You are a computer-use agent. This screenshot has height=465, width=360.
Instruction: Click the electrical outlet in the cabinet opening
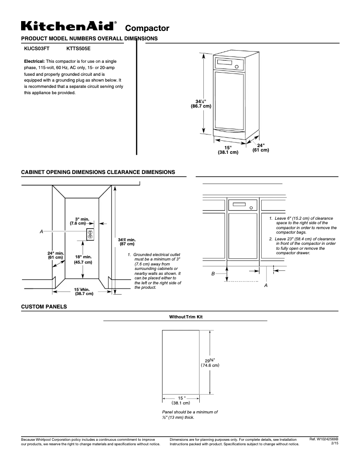coord(90,234)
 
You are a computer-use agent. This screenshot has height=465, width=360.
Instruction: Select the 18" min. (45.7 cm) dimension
coord(83,260)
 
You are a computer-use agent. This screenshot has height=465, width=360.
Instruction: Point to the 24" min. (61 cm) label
coord(56,256)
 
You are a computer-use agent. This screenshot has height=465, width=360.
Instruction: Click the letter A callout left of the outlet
coord(41,231)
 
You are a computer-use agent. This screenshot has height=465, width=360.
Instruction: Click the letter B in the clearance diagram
coord(213,273)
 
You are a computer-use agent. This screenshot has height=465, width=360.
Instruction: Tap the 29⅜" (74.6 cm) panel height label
coord(210,363)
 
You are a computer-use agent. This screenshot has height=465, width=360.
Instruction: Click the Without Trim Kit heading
coord(186,317)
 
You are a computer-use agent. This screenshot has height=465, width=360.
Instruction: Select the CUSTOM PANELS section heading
coord(44,307)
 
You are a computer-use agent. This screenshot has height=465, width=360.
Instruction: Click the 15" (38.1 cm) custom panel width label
coord(181,400)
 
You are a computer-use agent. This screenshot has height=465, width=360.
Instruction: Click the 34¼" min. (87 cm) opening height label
coord(127,242)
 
